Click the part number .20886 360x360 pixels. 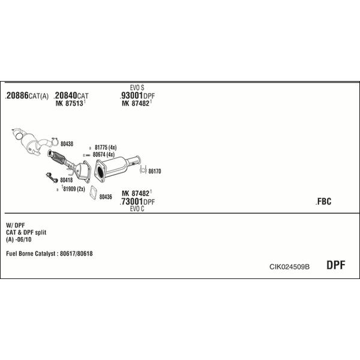coord(17,95)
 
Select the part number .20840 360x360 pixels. coord(65,95)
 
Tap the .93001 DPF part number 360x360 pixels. coord(137,95)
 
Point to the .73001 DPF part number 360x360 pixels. coord(137,202)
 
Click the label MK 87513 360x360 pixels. coord(70,103)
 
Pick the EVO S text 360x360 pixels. coord(137,88)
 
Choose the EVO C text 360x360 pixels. coord(137,209)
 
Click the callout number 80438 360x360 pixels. coord(67,144)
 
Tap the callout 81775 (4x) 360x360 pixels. coord(106,148)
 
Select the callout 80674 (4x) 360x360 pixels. coord(104,155)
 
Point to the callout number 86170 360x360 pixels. coord(155,171)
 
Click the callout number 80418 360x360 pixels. coord(67,180)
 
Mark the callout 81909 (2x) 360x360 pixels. coord(73,189)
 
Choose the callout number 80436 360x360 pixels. coord(106,197)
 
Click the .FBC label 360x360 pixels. coord(323,202)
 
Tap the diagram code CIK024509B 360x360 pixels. coord(289,267)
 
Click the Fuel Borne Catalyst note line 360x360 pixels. coord(49,253)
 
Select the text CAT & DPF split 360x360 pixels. coord(26,232)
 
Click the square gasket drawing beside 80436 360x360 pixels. coord(93,193)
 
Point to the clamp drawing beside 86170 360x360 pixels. coord(143,170)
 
